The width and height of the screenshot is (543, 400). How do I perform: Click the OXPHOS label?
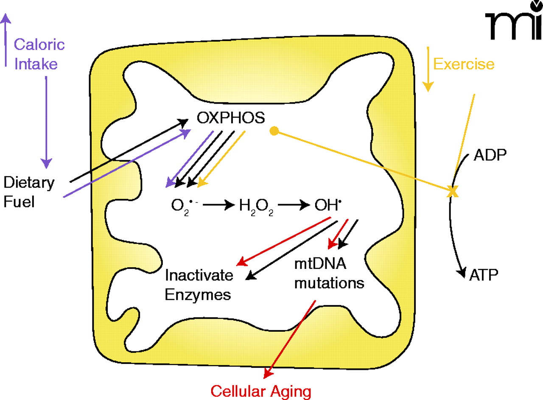click(231, 118)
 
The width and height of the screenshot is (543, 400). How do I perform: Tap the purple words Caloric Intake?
click(39, 54)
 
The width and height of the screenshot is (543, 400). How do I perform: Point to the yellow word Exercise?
click(464, 64)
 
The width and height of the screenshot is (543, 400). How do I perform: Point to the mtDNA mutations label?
click(329, 274)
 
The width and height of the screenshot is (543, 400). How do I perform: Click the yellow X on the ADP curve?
click(453, 192)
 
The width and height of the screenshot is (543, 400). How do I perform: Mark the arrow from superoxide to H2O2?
click(218, 205)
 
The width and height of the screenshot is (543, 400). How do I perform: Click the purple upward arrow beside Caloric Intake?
click(5, 38)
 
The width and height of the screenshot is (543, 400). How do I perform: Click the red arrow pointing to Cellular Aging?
click(289, 339)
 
